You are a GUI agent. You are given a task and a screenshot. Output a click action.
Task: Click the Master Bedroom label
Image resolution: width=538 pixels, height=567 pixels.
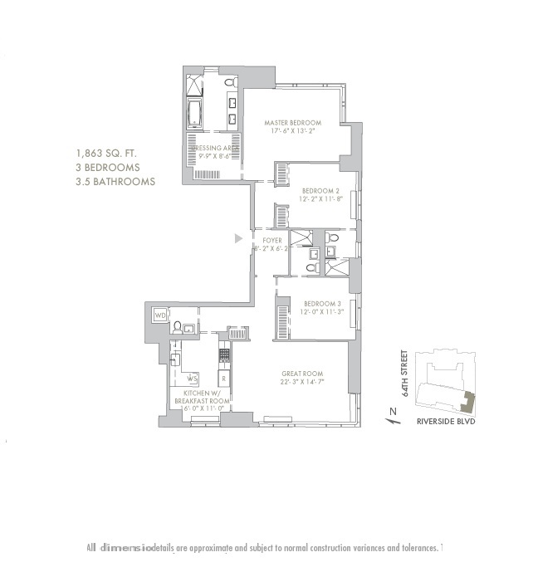click(292, 123)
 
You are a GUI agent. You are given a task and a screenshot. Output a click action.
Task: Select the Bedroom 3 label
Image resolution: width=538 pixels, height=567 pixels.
click(319, 303)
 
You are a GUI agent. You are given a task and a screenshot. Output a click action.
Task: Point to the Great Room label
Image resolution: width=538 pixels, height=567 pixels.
click(302, 374)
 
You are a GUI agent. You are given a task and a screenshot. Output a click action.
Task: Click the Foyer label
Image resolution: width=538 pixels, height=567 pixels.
click(271, 240)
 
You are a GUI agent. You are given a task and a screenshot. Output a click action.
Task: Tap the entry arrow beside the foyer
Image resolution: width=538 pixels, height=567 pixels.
click(238, 238)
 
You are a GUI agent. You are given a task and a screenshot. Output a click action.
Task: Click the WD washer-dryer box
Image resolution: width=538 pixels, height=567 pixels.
click(160, 315)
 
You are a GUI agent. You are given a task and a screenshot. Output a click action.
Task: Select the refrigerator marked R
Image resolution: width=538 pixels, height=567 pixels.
click(223, 379)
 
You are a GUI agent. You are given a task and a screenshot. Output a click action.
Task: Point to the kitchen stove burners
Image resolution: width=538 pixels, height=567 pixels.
click(223, 354)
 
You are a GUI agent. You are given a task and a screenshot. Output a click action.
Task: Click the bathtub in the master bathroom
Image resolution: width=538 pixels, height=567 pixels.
click(195, 113)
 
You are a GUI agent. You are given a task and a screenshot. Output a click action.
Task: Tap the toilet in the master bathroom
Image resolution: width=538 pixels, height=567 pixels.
click(231, 84)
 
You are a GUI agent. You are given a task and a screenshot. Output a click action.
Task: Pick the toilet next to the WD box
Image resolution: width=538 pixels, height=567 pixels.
click(178, 326)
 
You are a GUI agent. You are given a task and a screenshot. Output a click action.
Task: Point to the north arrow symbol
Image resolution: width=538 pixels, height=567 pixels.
click(387, 415)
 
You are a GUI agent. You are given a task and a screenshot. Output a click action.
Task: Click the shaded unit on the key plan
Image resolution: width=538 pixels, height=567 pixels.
click(469, 403)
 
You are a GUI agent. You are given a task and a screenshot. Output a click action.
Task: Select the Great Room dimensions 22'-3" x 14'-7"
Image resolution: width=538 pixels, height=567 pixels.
click(302, 383)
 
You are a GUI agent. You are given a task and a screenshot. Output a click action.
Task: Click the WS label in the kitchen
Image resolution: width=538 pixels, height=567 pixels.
click(192, 379)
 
